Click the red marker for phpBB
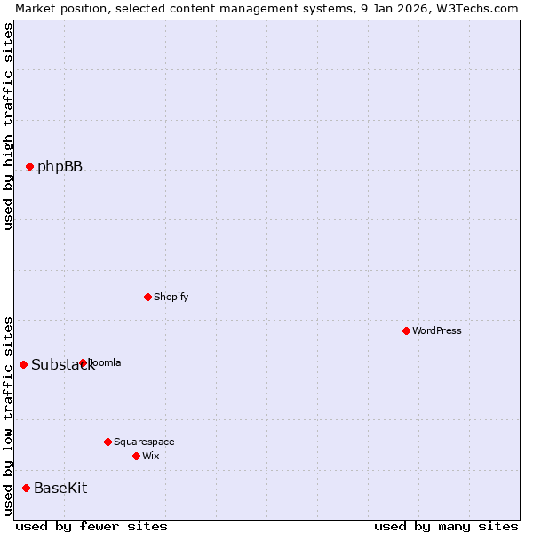click(29, 166)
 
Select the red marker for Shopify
click(147, 297)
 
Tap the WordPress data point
click(406, 330)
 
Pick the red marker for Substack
click(23, 364)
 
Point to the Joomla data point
click(83, 362)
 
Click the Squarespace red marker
click(107, 442)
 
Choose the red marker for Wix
click(136, 456)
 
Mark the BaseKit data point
click(26, 488)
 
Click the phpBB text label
click(60, 166)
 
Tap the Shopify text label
click(171, 297)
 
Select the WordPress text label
click(436, 330)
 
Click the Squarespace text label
click(144, 442)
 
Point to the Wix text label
click(150, 456)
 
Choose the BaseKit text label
click(60, 488)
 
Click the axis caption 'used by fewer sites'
click(91, 526)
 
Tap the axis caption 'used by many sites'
click(446, 526)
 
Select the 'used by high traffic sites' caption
click(8, 126)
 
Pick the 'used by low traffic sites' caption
click(8, 416)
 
